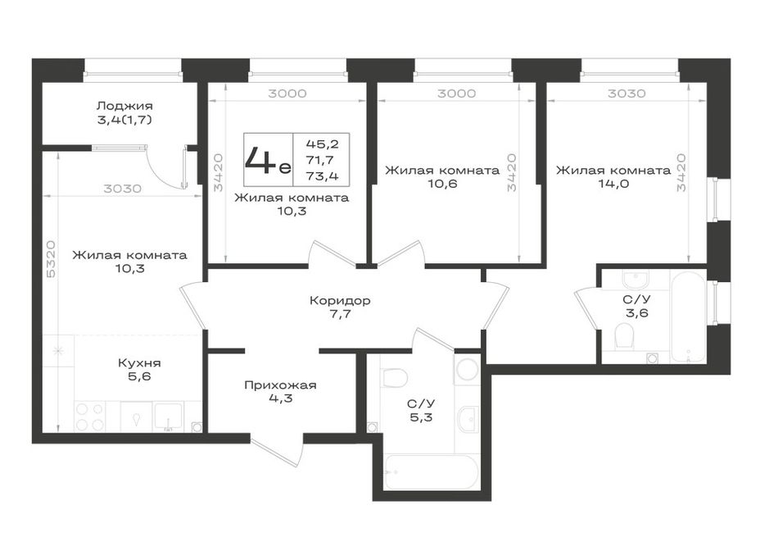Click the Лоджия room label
coord(124,106)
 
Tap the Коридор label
coord(340,301)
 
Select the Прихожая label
coord(280,385)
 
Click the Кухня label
coord(139,363)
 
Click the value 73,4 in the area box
coord(322,175)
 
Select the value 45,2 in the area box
coord(322,144)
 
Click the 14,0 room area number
coord(613,184)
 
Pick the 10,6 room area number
coord(442,184)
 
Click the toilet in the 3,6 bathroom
coord(625,336)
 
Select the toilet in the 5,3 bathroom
coord(396,379)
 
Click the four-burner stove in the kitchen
coord(90,417)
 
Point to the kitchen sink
coord(169,417)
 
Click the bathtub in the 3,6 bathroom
coord(688,316)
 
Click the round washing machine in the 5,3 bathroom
coord(467,370)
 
